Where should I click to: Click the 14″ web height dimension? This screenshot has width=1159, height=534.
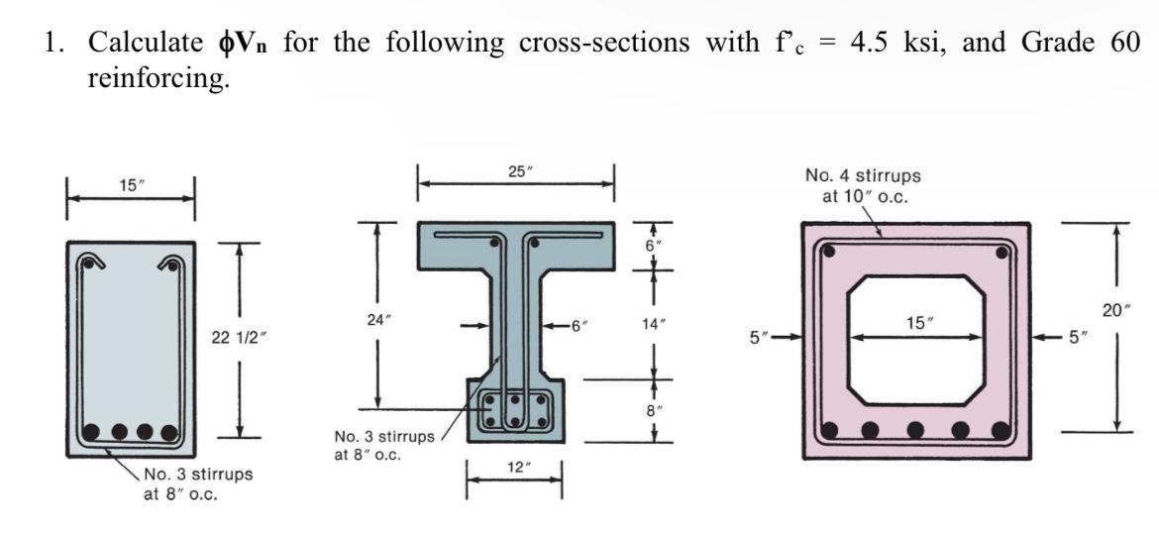click(654, 322)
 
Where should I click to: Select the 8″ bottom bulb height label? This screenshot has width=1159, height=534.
click(654, 406)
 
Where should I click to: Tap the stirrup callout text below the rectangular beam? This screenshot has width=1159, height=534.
click(198, 482)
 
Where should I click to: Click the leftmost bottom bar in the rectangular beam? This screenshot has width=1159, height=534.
click(93, 432)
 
